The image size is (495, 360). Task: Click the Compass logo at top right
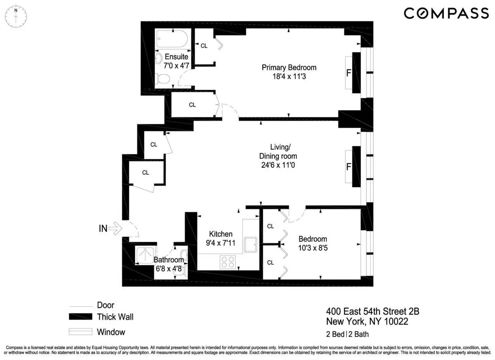[445, 13]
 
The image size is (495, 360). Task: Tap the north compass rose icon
[16, 17]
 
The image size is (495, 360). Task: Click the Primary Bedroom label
[289, 67]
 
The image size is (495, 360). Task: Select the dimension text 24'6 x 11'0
[278, 165]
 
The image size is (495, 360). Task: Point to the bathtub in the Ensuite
[172, 40]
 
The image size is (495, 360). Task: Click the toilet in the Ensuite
[164, 78]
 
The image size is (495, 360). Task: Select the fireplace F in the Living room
[349, 167]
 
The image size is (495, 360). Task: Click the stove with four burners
[228, 262]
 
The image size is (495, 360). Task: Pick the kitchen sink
[250, 244]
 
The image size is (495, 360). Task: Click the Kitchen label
[221, 234]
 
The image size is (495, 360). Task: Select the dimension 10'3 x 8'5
[313, 248]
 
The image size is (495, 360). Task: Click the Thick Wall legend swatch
[80, 317]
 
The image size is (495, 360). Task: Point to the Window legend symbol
[80, 332]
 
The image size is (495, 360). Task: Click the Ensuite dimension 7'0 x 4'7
[177, 65]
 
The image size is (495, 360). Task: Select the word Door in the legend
[106, 306]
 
